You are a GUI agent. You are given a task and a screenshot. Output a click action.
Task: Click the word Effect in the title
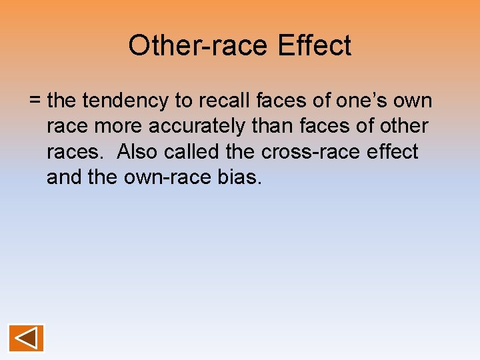tap(314, 46)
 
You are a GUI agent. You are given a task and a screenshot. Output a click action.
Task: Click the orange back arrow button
tap(26, 338)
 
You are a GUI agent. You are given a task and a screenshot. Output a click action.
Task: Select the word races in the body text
tap(73, 152)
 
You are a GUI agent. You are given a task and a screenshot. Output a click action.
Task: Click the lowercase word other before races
tap(403, 127)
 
